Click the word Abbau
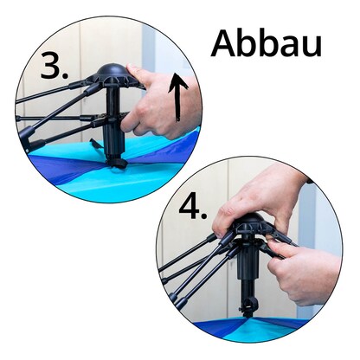[x=266, y=44]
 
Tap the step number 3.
[x=55, y=66]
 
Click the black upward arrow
[x=177, y=97]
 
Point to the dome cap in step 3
[x=111, y=71]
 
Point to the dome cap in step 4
[x=248, y=219]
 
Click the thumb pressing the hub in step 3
[x=138, y=73]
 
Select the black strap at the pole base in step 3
[x=117, y=163]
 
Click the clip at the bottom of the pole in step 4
[x=247, y=305]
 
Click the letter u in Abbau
[x=312, y=48]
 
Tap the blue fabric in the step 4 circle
[x=251, y=327]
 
